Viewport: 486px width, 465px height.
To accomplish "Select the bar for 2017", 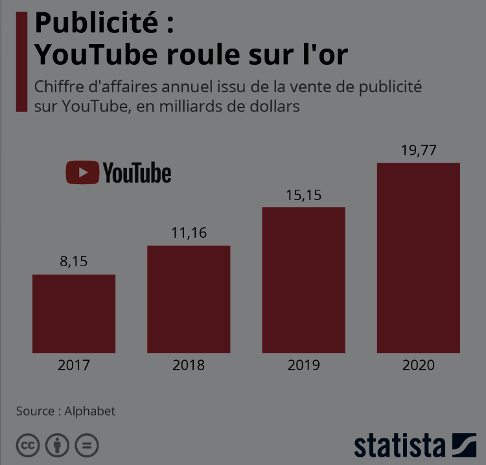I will pyautogui.click(x=74, y=313).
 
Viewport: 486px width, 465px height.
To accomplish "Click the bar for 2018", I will pyautogui.click(x=189, y=299).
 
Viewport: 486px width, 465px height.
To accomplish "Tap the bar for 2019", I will pyautogui.click(x=303, y=280).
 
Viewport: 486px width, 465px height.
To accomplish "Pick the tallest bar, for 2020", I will pyautogui.click(x=419, y=258).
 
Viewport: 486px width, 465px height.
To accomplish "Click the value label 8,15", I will pyautogui.click(x=73, y=262).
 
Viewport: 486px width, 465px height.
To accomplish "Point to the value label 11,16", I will pyautogui.click(x=189, y=233).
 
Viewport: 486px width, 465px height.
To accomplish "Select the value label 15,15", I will pyautogui.click(x=303, y=195).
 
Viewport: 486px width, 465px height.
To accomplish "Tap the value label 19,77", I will pyautogui.click(x=419, y=151).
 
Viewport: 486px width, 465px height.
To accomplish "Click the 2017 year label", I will pyautogui.click(x=74, y=365).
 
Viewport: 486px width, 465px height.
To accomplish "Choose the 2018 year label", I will pyautogui.click(x=189, y=365).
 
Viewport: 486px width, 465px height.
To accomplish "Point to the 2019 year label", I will pyautogui.click(x=303, y=365).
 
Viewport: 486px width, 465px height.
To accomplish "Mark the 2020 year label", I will pyautogui.click(x=419, y=365).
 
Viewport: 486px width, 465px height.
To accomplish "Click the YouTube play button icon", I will pyautogui.click(x=82, y=173).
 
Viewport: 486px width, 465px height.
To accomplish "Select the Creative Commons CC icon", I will pyautogui.click(x=28, y=446).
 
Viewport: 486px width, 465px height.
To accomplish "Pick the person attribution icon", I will pyautogui.click(x=58, y=446).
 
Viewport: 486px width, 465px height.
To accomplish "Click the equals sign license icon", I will pyautogui.click(x=87, y=446).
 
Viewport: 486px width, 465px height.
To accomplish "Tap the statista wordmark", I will pyautogui.click(x=400, y=446).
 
